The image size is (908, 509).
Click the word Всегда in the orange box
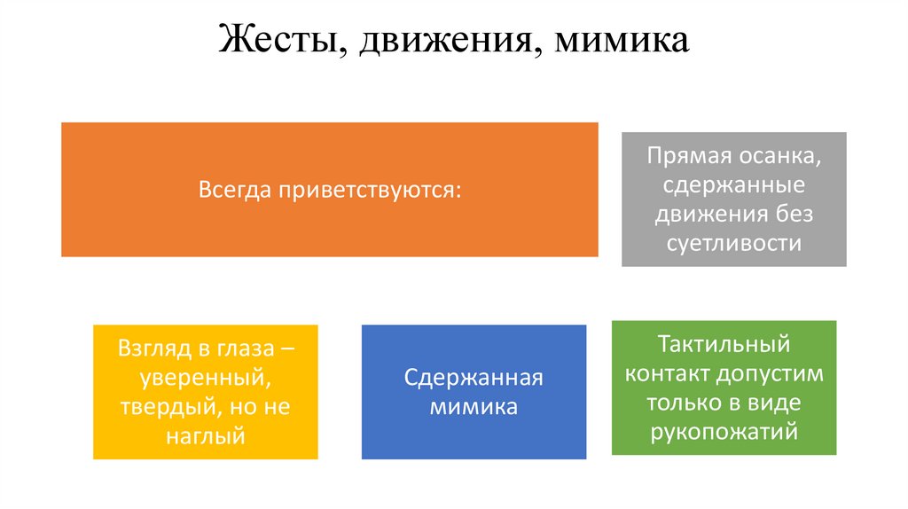pos(235,191)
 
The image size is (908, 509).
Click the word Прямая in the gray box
pos(684,157)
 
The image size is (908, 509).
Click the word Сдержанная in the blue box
pos(474,379)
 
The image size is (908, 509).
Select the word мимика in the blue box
pos(474,407)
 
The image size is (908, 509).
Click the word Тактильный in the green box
pos(724,344)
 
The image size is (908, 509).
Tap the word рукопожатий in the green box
pos(724,431)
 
